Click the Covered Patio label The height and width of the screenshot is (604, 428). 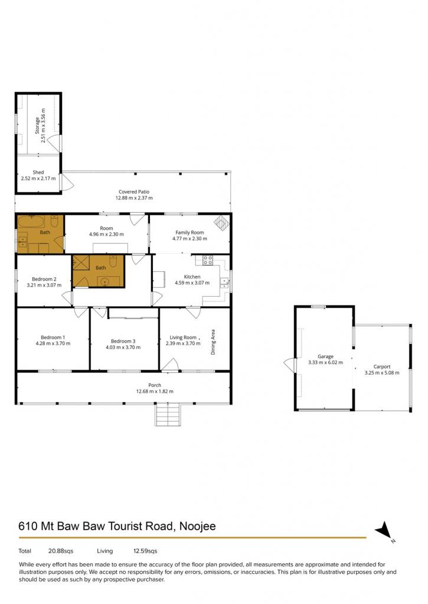(134, 192)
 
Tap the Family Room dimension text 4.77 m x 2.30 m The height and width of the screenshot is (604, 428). (190, 238)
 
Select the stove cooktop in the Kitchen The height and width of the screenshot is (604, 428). (208, 260)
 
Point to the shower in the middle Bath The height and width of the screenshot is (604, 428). (81, 263)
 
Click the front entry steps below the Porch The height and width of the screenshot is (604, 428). (168, 414)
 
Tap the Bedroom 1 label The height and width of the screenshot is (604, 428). (53, 337)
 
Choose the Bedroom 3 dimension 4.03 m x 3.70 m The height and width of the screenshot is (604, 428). (123, 347)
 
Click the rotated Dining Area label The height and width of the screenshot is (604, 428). (213, 342)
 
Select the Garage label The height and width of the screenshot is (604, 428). (325, 356)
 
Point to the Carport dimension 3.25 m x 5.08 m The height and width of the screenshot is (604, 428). (382, 373)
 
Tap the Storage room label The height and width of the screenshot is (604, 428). (37, 126)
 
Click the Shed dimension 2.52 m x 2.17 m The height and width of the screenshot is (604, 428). (38, 178)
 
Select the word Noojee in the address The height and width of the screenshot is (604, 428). (198, 526)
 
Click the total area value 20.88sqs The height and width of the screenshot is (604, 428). (61, 551)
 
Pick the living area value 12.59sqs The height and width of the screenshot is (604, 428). (145, 551)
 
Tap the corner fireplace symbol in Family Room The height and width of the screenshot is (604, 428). (222, 222)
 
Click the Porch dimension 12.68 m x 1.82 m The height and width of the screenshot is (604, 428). (155, 392)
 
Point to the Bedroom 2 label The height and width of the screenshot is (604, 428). (44, 279)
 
